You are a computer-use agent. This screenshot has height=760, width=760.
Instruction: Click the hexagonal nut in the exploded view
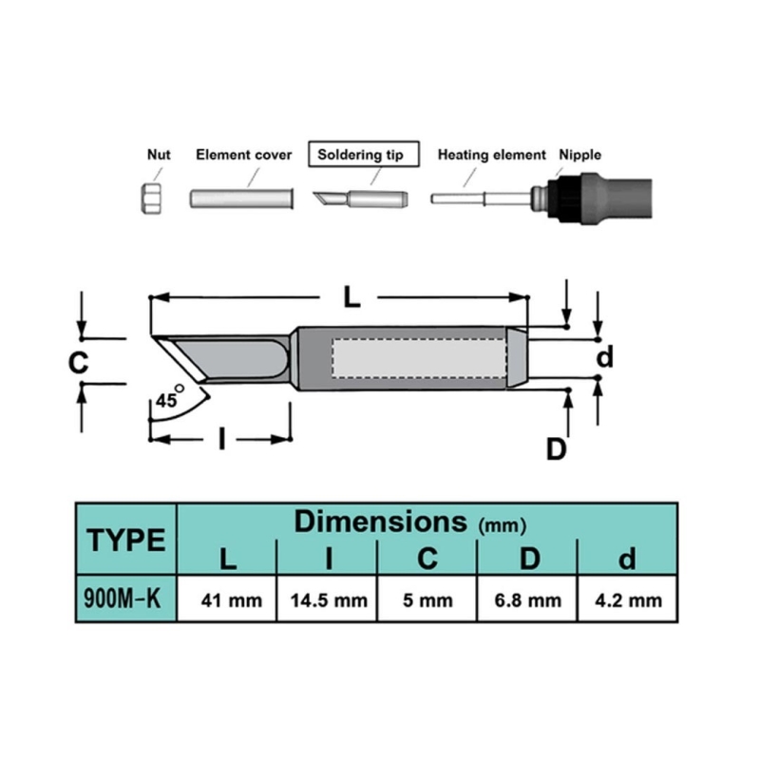tap(151, 199)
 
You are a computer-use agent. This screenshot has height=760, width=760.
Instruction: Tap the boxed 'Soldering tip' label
tap(364, 154)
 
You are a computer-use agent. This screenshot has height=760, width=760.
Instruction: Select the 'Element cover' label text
tap(244, 155)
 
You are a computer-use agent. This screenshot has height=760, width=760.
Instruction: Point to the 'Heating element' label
tap(491, 155)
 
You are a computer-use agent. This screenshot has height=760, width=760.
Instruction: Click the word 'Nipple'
tap(579, 155)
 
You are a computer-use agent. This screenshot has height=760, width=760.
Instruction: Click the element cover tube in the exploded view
tap(241, 199)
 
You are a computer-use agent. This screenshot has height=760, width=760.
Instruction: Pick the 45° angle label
tap(170, 398)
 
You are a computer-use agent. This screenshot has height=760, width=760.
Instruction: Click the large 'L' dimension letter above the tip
tap(351, 296)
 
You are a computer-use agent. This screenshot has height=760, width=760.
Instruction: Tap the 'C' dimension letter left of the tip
tap(78, 363)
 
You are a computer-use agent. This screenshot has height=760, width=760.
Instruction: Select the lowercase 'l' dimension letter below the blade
tap(222, 439)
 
